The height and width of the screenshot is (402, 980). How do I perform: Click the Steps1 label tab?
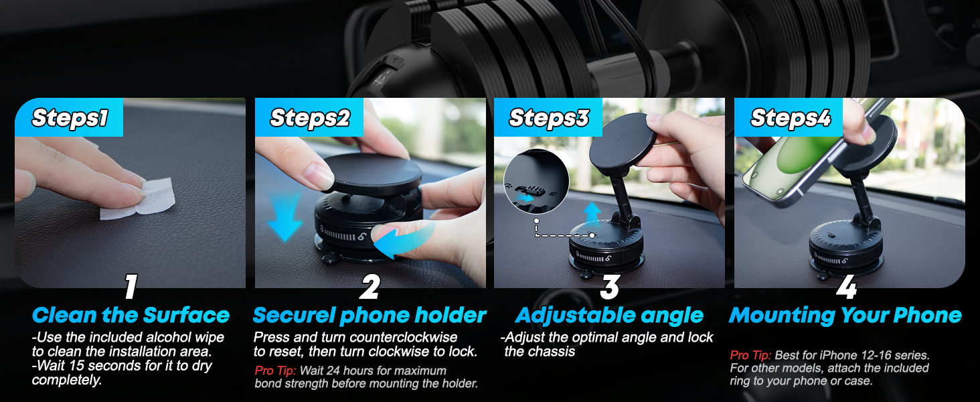[69, 119]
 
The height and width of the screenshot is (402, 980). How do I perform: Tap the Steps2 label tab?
[309, 119]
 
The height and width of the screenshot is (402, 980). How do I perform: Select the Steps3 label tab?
[548, 119]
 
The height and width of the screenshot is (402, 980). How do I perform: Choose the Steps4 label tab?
[790, 119]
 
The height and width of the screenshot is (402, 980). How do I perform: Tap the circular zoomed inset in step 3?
[536, 182]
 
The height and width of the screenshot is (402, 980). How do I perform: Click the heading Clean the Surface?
[131, 315]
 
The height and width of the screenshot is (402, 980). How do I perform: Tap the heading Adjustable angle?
[609, 315]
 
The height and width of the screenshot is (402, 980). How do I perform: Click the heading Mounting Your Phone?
[845, 315]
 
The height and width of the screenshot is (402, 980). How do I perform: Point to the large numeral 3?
[609, 287]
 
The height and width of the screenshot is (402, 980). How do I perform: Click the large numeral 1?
[131, 287]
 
